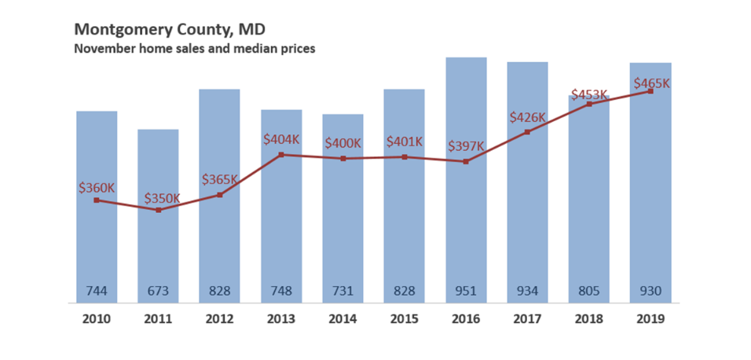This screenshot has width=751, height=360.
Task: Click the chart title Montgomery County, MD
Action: (170, 30)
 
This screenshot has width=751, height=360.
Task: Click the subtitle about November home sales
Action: (195, 49)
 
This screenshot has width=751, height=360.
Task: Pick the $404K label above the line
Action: (280, 140)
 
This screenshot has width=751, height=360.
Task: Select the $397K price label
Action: (466, 146)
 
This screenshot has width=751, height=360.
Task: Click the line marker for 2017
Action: (527, 132)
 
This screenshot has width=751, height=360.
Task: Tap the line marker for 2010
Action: (97, 200)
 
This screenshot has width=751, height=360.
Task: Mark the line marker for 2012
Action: (220, 195)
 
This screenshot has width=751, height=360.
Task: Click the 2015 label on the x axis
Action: (405, 319)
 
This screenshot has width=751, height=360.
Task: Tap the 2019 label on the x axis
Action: (650, 319)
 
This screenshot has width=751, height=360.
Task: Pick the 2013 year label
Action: (281, 319)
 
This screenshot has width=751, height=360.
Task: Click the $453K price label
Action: (589, 95)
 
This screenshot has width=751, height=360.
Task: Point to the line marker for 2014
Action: (343, 159)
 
